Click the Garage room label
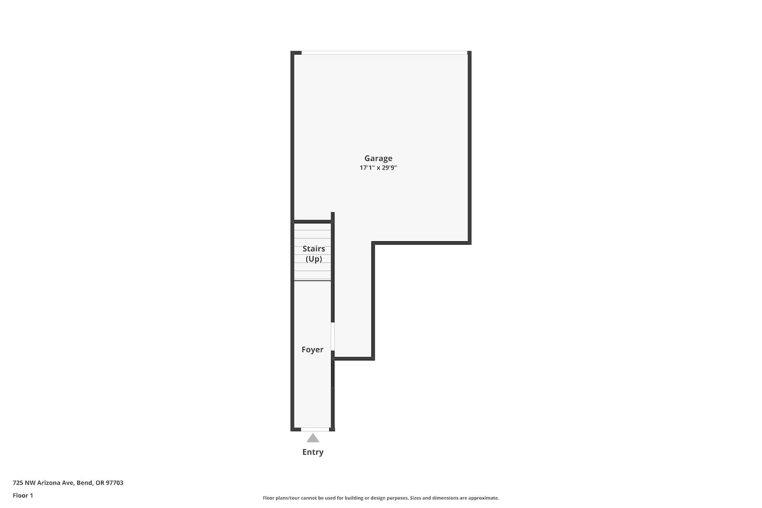click(378, 158)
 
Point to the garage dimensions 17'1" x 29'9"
click(378, 167)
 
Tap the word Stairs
click(314, 249)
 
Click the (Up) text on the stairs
click(314, 259)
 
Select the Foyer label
click(312, 349)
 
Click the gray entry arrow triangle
click(313, 438)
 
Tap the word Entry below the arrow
click(313, 452)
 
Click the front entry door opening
click(315, 429)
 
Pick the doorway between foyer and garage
click(333, 337)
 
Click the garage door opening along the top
click(384, 53)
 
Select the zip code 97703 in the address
click(115, 483)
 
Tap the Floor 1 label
click(23, 495)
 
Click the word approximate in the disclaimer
click(484, 498)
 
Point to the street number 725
click(18, 483)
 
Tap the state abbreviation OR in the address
click(99, 483)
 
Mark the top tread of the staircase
click(312, 226)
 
